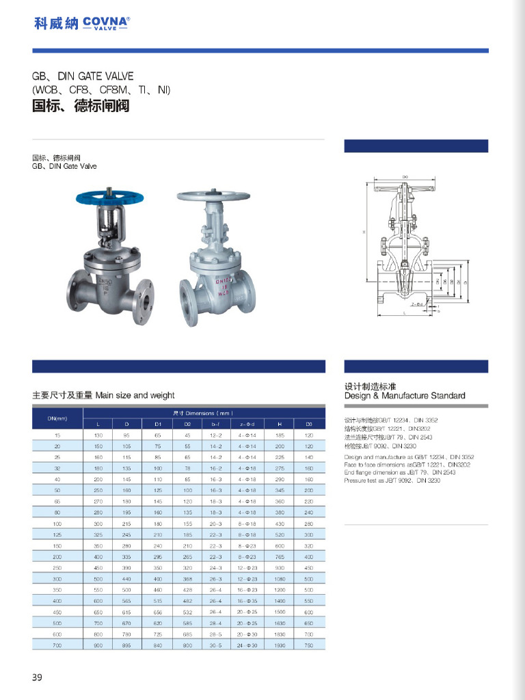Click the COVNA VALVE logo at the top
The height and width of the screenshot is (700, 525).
click(x=81, y=23)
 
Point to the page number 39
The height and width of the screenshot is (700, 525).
click(x=37, y=677)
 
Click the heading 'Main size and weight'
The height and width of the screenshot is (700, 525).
click(x=103, y=395)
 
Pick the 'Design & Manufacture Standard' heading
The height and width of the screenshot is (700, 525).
click(x=405, y=396)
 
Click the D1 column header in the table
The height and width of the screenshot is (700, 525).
click(x=157, y=425)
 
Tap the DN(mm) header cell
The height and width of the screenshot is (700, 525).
click(x=57, y=418)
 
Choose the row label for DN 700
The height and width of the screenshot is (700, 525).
click(x=57, y=644)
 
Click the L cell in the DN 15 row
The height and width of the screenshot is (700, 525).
click(x=98, y=435)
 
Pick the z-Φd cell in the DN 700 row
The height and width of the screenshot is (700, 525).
click(x=246, y=644)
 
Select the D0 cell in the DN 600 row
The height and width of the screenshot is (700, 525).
click(x=308, y=634)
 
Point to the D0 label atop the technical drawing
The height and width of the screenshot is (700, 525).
click(x=405, y=177)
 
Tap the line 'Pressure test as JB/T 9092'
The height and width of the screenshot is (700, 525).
click(x=387, y=481)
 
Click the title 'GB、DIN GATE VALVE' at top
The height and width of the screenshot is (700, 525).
click(x=83, y=77)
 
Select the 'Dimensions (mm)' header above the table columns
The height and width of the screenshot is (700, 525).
click(x=204, y=414)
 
